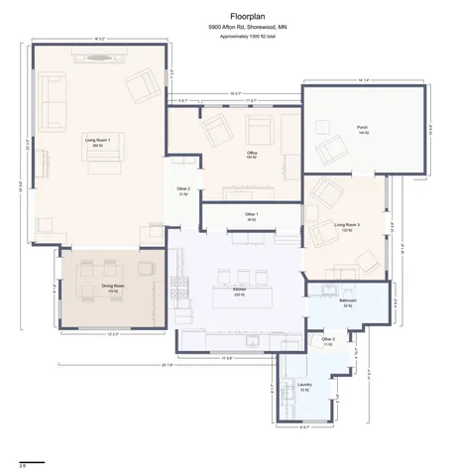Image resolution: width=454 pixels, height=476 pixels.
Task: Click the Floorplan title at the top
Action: click(x=227, y=16)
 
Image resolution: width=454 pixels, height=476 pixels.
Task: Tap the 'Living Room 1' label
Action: click(x=96, y=142)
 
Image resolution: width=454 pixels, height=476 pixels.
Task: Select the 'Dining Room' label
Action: click(x=112, y=286)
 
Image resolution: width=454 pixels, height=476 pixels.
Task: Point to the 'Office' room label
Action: click(x=252, y=153)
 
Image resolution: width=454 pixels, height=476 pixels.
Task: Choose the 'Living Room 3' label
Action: click(x=346, y=226)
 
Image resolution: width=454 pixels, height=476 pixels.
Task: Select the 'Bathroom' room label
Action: click(x=347, y=300)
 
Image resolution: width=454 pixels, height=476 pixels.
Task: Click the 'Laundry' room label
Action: click(x=304, y=384)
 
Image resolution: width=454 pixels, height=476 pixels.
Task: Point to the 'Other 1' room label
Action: click(x=252, y=215)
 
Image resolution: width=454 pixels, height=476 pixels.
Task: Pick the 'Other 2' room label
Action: click(x=182, y=189)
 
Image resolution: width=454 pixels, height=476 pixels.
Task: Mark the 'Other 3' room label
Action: click(x=327, y=340)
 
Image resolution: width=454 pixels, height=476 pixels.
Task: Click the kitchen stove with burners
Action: click(x=181, y=289)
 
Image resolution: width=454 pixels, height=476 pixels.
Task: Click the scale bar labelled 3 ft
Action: click(x=22, y=462)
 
